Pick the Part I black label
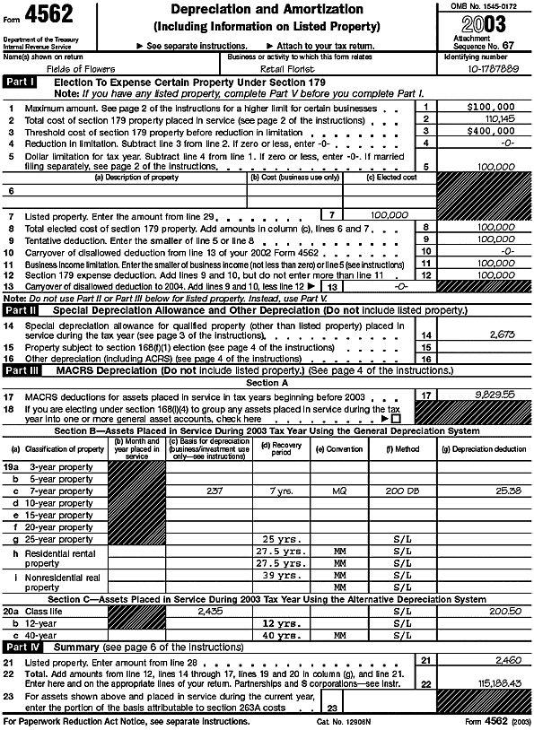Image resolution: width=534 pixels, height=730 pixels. [20, 82]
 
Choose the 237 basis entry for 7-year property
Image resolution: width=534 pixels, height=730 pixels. [214, 491]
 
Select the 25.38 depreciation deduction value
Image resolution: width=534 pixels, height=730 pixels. [504, 491]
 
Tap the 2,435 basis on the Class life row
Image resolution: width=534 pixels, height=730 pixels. [208, 609]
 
